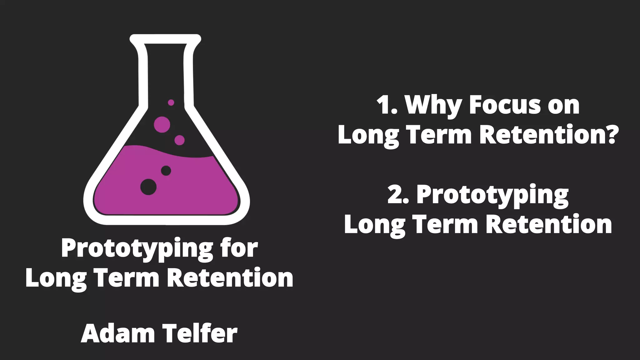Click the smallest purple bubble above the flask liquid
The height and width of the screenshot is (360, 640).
[171, 102]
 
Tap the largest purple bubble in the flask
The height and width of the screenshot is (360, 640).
[162, 124]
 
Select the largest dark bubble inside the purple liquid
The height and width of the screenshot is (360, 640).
[148, 187]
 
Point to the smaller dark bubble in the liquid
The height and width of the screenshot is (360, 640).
[166, 171]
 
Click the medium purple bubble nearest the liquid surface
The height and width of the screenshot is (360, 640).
[179, 140]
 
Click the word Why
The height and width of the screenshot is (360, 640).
[433, 106]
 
